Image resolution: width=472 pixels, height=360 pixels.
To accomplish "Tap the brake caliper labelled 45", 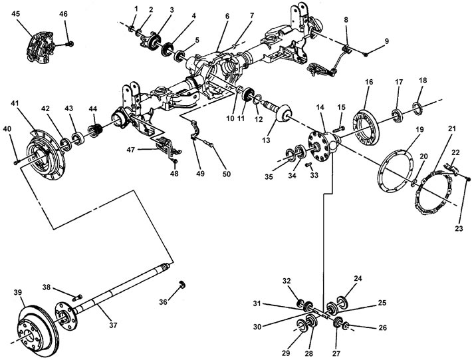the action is point(41,47).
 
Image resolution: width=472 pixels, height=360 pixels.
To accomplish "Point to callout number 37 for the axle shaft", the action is point(113,325).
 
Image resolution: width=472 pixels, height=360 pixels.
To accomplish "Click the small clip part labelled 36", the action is point(181,284).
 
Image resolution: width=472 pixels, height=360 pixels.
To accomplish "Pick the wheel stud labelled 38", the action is point(78,297).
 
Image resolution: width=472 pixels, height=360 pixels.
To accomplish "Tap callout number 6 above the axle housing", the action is point(227,16).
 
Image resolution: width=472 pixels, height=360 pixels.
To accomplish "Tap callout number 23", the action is point(458,228).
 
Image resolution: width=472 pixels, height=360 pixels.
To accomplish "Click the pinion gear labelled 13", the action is point(277,112).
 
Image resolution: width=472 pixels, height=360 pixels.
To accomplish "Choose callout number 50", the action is point(227,174).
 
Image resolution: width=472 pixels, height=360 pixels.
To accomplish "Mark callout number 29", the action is point(286,353).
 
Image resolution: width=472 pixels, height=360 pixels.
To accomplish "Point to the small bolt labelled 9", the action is point(366,54).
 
